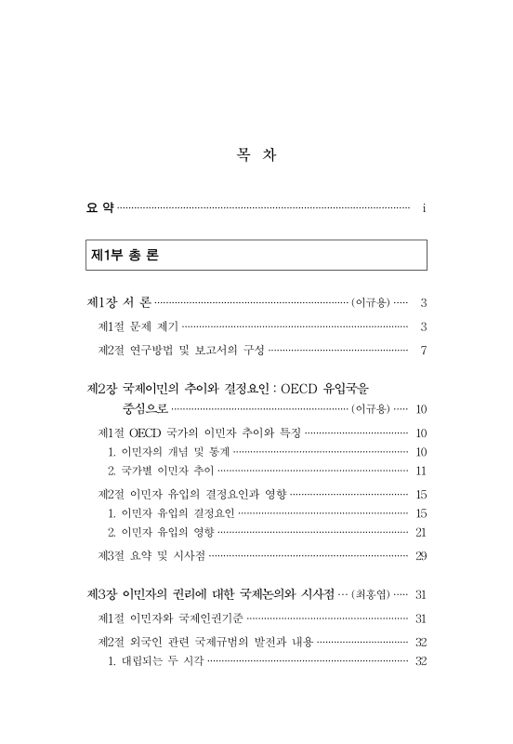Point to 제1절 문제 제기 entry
tap(138, 326)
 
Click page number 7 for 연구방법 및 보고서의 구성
tap(423, 351)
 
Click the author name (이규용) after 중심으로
tap(371, 408)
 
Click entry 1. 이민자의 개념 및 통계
tap(167, 452)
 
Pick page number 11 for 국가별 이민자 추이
tap(421, 471)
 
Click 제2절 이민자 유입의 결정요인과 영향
tap(192, 494)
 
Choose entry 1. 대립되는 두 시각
tap(156, 661)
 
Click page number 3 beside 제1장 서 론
tap(423, 302)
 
